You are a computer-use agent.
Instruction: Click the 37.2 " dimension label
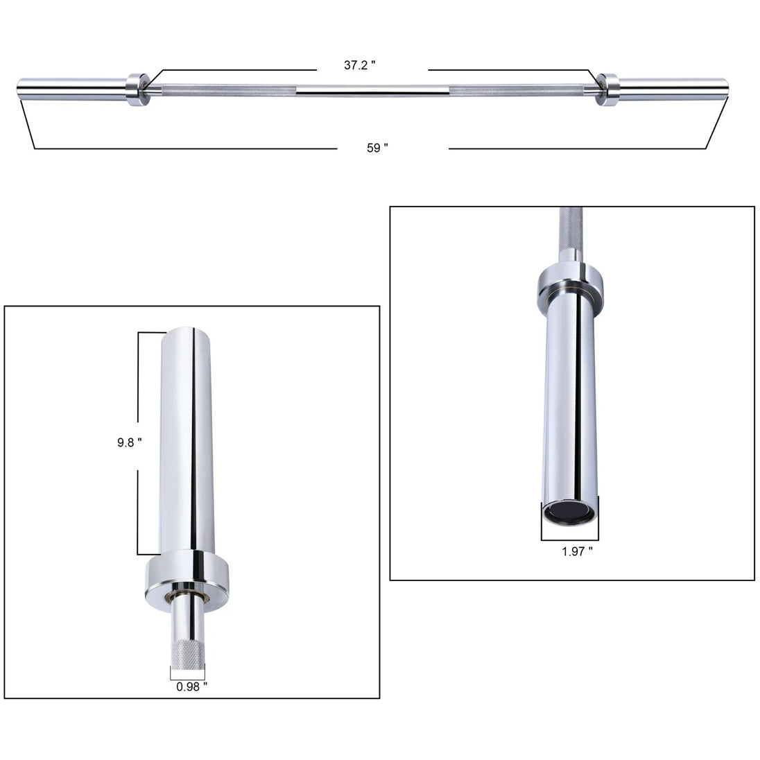point(360,64)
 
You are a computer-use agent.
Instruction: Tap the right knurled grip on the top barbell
point(520,89)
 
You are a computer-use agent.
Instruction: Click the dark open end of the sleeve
point(568,512)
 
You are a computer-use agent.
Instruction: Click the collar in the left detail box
point(188,576)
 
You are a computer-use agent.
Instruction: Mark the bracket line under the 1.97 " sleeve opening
point(568,539)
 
